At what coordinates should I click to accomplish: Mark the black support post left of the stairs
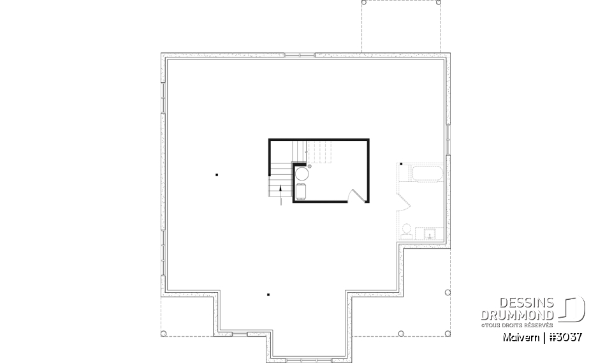point(217,174)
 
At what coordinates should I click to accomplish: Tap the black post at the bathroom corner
point(400,164)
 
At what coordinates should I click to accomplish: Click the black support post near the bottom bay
point(268,295)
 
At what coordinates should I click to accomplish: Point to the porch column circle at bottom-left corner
point(163,333)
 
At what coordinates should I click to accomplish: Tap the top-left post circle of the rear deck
point(364,3)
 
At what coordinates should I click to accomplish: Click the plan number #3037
point(564,336)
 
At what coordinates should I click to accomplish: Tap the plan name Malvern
point(521,336)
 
